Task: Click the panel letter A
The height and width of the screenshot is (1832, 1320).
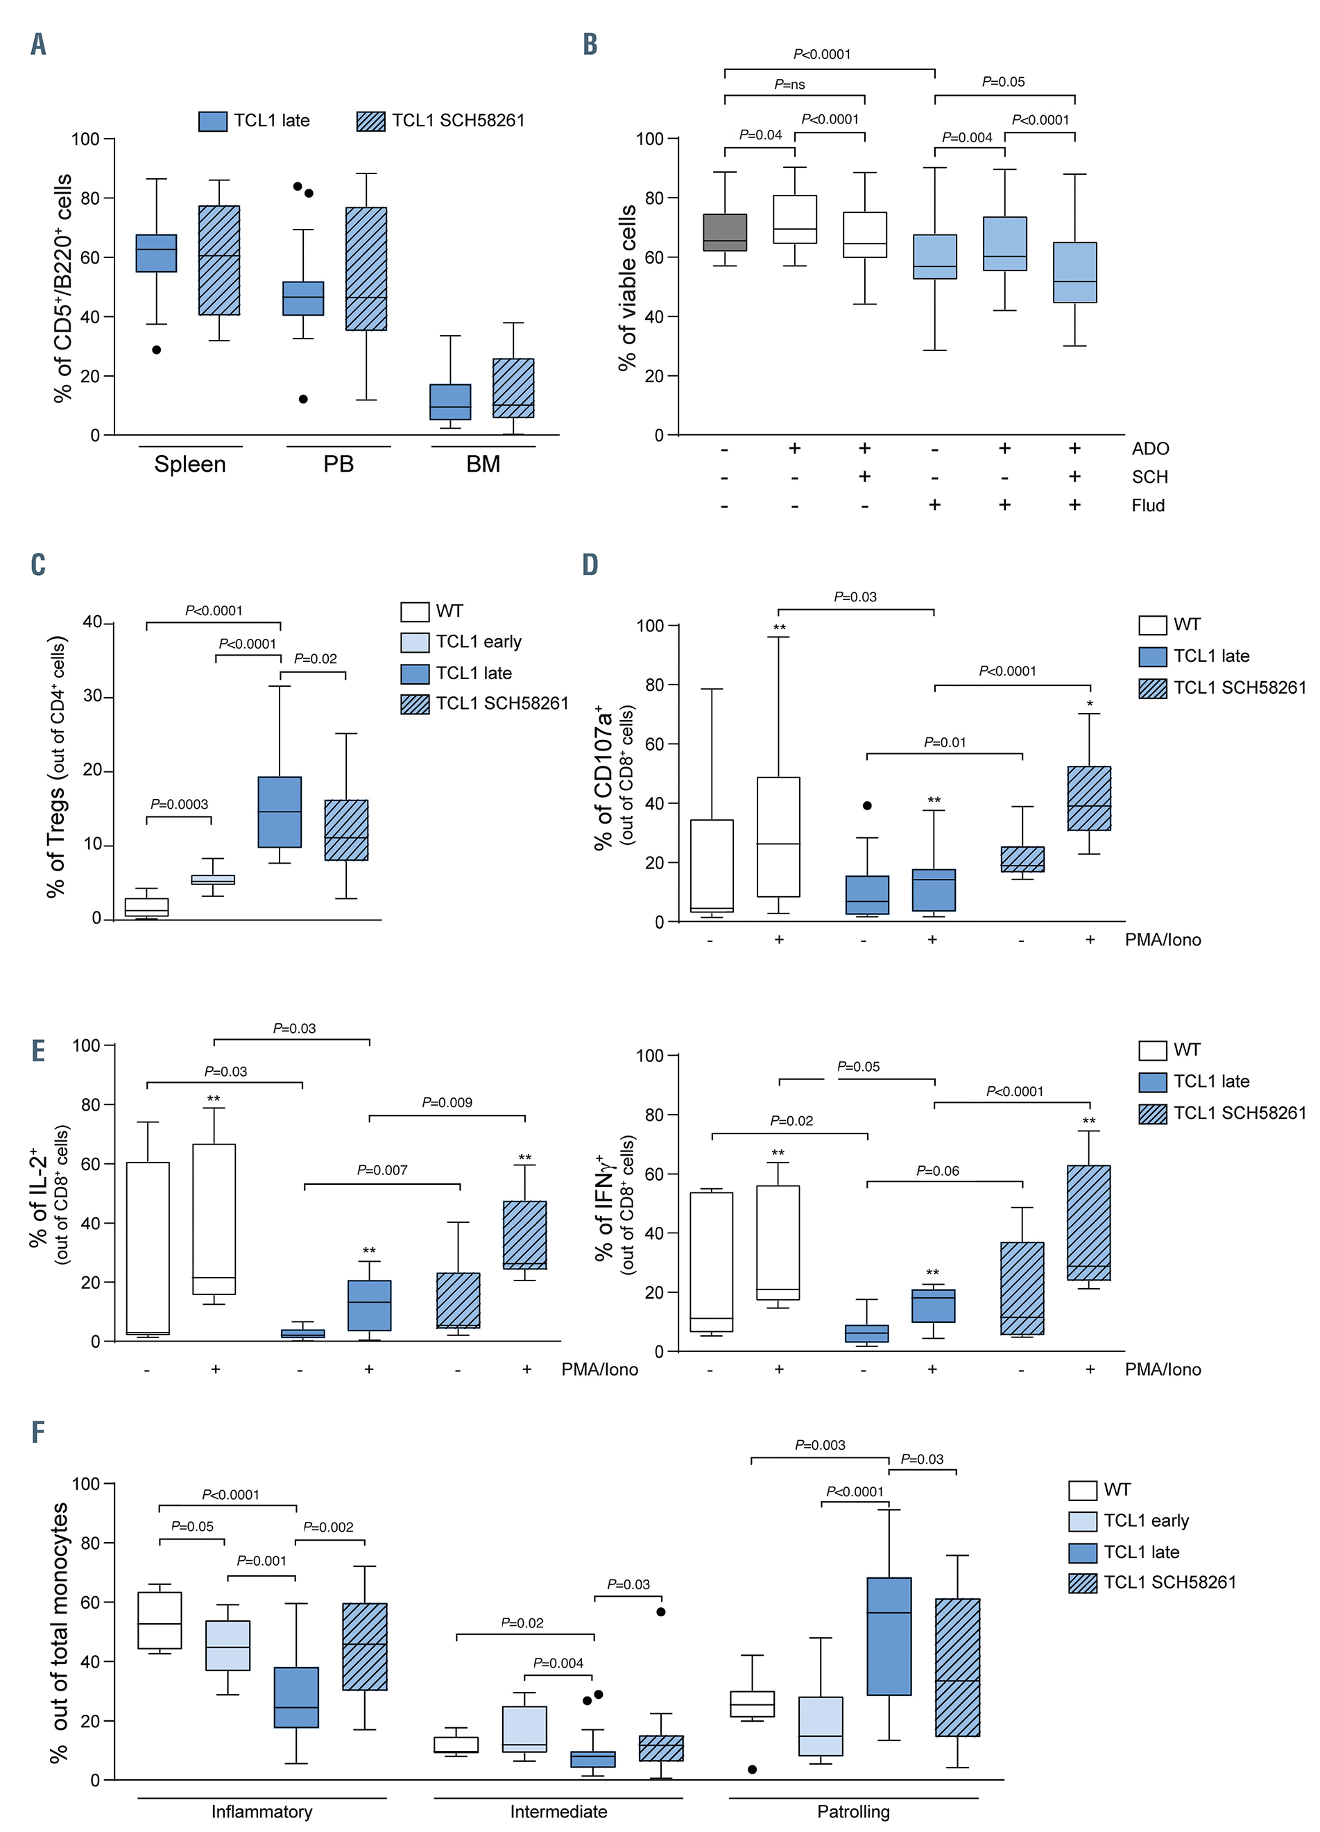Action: click(38, 44)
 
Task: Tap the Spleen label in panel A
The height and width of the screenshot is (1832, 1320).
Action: click(190, 465)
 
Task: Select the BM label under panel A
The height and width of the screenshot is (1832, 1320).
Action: click(483, 465)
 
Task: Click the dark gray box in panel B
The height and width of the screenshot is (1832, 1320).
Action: click(725, 232)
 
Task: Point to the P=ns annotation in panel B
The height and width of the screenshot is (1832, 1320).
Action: click(789, 84)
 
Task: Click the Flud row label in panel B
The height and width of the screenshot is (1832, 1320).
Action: click(1147, 506)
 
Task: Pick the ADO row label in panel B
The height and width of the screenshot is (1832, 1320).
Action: click(1149, 449)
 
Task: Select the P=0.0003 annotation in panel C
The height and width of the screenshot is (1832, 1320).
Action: click(180, 805)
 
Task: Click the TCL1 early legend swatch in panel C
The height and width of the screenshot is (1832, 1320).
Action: click(414, 642)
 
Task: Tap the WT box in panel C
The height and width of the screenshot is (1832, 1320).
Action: click(146, 907)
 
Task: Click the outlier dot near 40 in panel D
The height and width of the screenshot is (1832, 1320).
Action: click(867, 805)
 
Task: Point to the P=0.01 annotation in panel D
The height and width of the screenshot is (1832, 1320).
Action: click(944, 742)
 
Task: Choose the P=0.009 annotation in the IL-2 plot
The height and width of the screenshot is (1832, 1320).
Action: click(447, 1102)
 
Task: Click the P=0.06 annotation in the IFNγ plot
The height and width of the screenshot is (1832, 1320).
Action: click(937, 1170)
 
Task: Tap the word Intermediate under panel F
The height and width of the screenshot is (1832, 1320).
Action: click(558, 1811)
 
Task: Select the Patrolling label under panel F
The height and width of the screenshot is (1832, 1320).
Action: click(853, 1811)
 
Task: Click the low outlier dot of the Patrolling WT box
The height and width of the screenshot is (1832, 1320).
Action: click(752, 1769)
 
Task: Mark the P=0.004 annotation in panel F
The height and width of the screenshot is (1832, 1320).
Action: click(558, 1663)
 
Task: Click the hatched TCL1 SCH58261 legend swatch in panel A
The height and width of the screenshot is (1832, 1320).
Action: click(371, 121)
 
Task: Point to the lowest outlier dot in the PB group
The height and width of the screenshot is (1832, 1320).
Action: click(303, 399)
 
